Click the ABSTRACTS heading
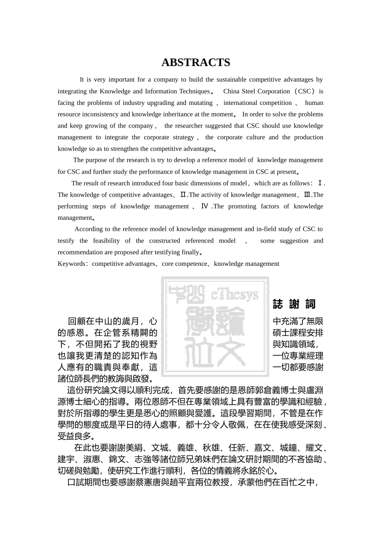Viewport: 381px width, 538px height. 196,62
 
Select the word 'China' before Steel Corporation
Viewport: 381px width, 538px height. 231,91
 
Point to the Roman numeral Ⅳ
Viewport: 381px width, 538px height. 205,207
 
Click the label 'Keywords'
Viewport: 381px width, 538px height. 71,264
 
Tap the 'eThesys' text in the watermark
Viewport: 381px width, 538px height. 235,295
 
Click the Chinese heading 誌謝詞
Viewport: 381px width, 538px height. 294,304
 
